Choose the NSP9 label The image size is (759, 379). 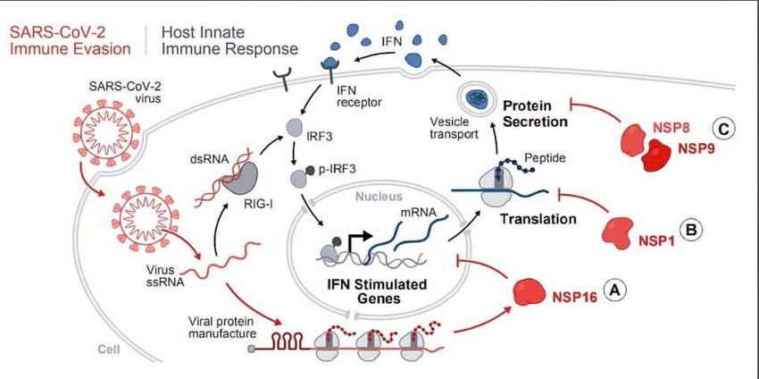pyautogui.click(x=696, y=148)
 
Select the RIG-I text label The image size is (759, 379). pyautogui.click(x=258, y=205)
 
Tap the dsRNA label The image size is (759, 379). pyautogui.click(x=209, y=159)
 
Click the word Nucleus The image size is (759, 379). pyautogui.click(x=379, y=196)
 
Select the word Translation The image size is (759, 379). pyautogui.click(x=538, y=219)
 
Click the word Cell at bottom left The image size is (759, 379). pyautogui.click(x=109, y=350)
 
